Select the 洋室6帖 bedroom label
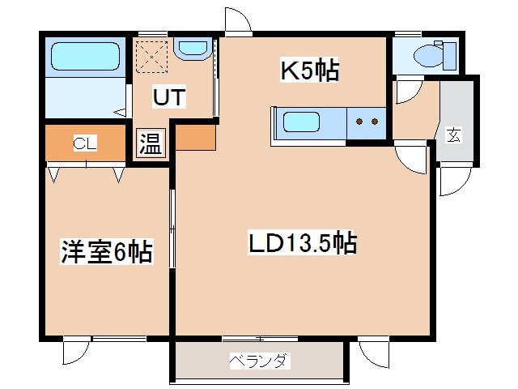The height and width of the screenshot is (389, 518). click(106, 252)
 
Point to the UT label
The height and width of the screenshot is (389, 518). click(171, 98)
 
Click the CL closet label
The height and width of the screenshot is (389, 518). click(85, 144)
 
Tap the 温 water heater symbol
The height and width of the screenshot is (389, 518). click(151, 144)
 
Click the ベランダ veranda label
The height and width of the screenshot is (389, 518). click(257, 361)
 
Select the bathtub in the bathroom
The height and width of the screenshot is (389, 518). click(86, 57)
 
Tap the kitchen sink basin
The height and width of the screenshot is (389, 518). click(301, 124)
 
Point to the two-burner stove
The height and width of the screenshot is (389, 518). click(366, 124)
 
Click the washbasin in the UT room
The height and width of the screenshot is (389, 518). click(192, 49)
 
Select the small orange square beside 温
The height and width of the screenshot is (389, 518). click(194, 137)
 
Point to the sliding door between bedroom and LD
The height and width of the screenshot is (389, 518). click(172, 227)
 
